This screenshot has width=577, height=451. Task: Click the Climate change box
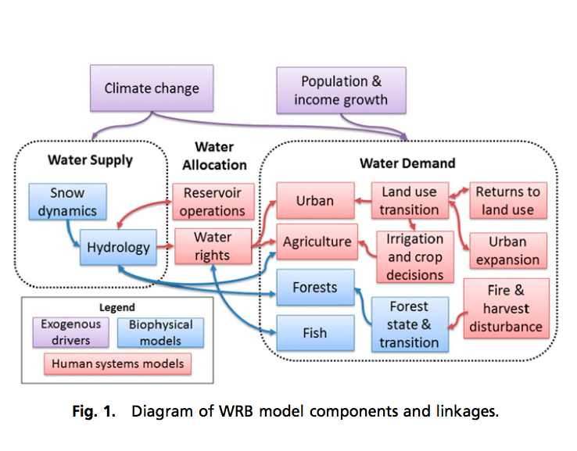pyautogui.click(x=152, y=88)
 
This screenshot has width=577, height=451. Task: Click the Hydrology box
pyautogui.click(x=118, y=248)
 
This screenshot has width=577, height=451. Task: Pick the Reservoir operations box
pyautogui.click(x=213, y=202)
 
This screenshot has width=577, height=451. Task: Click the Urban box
pyautogui.click(x=315, y=201)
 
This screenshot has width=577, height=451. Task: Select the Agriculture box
pyautogui.click(x=317, y=242)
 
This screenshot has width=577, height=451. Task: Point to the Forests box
pyautogui.click(x=314, y=287)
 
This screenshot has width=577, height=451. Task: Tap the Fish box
pyautogui.click(x=314, y=332)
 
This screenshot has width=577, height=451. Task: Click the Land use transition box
pyautogui.click(x=409, y=201)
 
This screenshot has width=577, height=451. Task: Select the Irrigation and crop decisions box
pyautogui.click(x=414, y=256)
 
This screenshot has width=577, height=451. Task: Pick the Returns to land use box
pyautogui.click(x=507, y=201)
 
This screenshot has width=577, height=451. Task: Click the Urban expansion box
pyautogui.click(x=507, y=251)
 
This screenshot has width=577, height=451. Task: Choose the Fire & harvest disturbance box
pyautogui.click(x=505, y=308)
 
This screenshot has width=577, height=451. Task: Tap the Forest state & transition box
pyautogui.click(x=409, y=324)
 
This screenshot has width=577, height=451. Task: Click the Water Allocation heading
pyautogui.click(x=214, y=156)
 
